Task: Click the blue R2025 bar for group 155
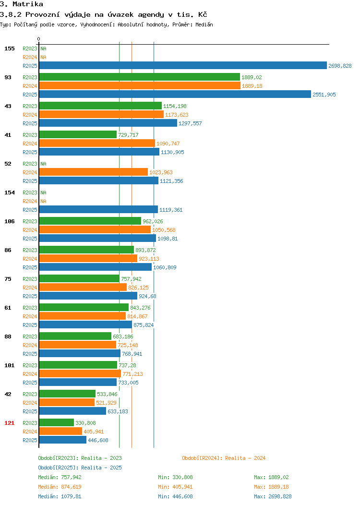(x=183, y=65)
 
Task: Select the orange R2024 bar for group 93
(x=140, y=85)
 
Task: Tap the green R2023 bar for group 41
(x=78, y=134)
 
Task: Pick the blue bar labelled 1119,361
(x=98, y=210)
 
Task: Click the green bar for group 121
(x=57, y=422)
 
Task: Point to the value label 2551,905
(x=324, y=95)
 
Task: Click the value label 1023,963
(x=161, y=172)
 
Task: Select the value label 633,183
(x=118, y=411)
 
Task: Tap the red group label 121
(x=9, y=423)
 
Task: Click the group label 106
(x=9, y=221)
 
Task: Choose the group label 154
(x=9, y=192)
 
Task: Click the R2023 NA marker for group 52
(x=44, y=164)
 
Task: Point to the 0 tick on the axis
(x=39, y=39)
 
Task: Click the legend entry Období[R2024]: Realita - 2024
(x=224, y=458)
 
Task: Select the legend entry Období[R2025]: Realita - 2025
(x=80, y=468)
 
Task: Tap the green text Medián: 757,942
(x=60, y=477)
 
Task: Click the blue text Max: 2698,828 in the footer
(x=273, y=496)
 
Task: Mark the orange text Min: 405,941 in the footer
(x=175, y=487)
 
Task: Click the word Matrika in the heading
(x=28, y=4)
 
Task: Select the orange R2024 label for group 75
(x=30, y=288)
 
